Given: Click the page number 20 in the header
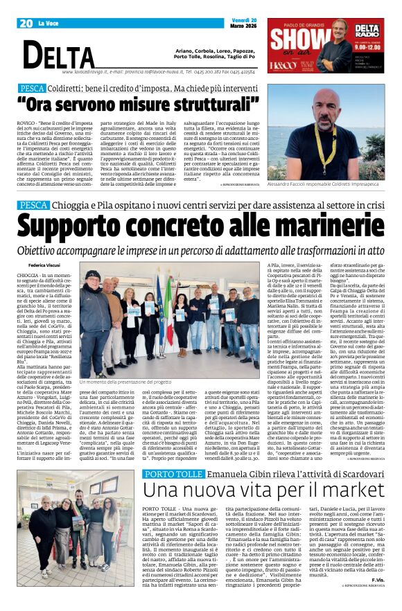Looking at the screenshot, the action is point(27,23).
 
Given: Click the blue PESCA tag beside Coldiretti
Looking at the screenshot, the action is point(33,89).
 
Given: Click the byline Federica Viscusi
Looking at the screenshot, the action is point(45,265).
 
